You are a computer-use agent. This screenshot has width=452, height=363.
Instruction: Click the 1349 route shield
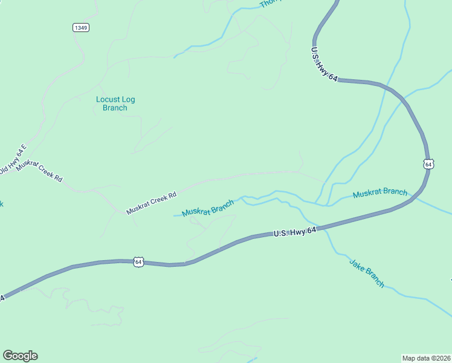click(80, 28)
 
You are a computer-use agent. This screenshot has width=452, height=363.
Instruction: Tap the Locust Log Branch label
click(115, 103)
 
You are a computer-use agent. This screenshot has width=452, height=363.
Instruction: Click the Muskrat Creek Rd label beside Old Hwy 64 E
click(39, 172)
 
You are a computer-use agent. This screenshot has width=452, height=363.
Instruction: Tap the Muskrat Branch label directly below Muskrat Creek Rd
click(208, 208)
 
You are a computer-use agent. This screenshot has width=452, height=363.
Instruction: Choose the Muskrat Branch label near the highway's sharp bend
click(380, 193)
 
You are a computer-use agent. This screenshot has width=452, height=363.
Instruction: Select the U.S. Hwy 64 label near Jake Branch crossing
click(295, 232)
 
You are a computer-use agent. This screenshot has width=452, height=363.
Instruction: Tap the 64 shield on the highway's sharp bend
click(428, 164)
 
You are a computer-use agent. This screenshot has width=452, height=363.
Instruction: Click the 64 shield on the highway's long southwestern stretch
click(139, 262)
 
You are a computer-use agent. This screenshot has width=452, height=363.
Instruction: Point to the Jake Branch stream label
click(367, 273)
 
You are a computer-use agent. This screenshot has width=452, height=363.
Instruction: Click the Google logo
click(20, 356)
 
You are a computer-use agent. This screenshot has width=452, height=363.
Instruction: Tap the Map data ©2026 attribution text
click(426, 358)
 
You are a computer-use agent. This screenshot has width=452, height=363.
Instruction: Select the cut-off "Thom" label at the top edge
click(271, 4)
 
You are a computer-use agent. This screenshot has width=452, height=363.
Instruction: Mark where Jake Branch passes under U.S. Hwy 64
click(323, 228)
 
